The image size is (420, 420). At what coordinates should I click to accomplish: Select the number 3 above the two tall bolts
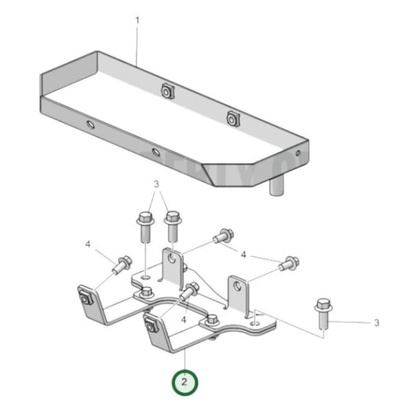click(x=156, y=184)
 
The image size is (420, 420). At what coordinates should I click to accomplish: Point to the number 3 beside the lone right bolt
click(x=377, y=322)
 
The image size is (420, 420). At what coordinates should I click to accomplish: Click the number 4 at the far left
click(x=88, y=244)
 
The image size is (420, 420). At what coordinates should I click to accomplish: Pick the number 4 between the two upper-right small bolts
click(x=244, y=255)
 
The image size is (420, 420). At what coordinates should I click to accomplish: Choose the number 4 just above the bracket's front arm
click(x=184, y=320)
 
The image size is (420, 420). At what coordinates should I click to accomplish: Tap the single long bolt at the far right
click(x=322, y=313)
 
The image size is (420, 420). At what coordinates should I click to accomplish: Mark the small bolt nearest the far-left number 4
click(x=123, y=263)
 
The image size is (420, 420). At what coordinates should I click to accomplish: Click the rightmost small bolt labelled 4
click(x=289, y=263)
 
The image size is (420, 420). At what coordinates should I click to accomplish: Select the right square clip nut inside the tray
click(x=232, y=118)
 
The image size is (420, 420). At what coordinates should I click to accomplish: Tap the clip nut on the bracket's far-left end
click(x=84, y=297)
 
